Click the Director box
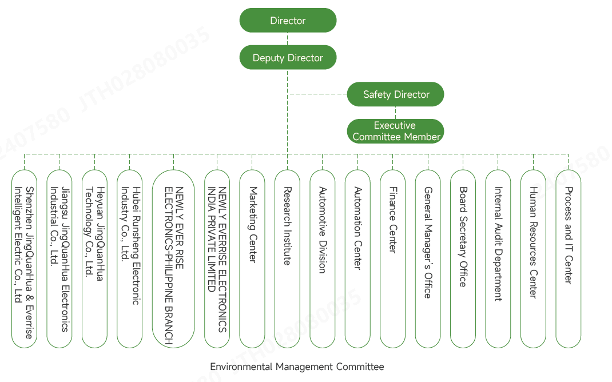[288, 21]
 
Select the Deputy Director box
[288, 58]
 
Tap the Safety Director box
[396, 94]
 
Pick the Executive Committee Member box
[396, 131]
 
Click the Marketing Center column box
[252, 258]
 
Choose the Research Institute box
[287, 258]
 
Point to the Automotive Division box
[322, 258]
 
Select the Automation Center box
[357, 258]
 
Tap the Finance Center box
[392, 258]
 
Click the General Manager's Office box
[427, 258]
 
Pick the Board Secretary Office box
[463, 258]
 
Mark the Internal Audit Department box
[498, 258]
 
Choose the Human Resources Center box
[533, 258]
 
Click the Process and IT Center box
[568, 258]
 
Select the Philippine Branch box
[173, 258]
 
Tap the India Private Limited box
[217, 258]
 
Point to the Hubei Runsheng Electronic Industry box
[129, 258]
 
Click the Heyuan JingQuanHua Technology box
[94, 258]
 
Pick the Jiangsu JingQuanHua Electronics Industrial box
[59, 258]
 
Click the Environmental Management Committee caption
[297, 367]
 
